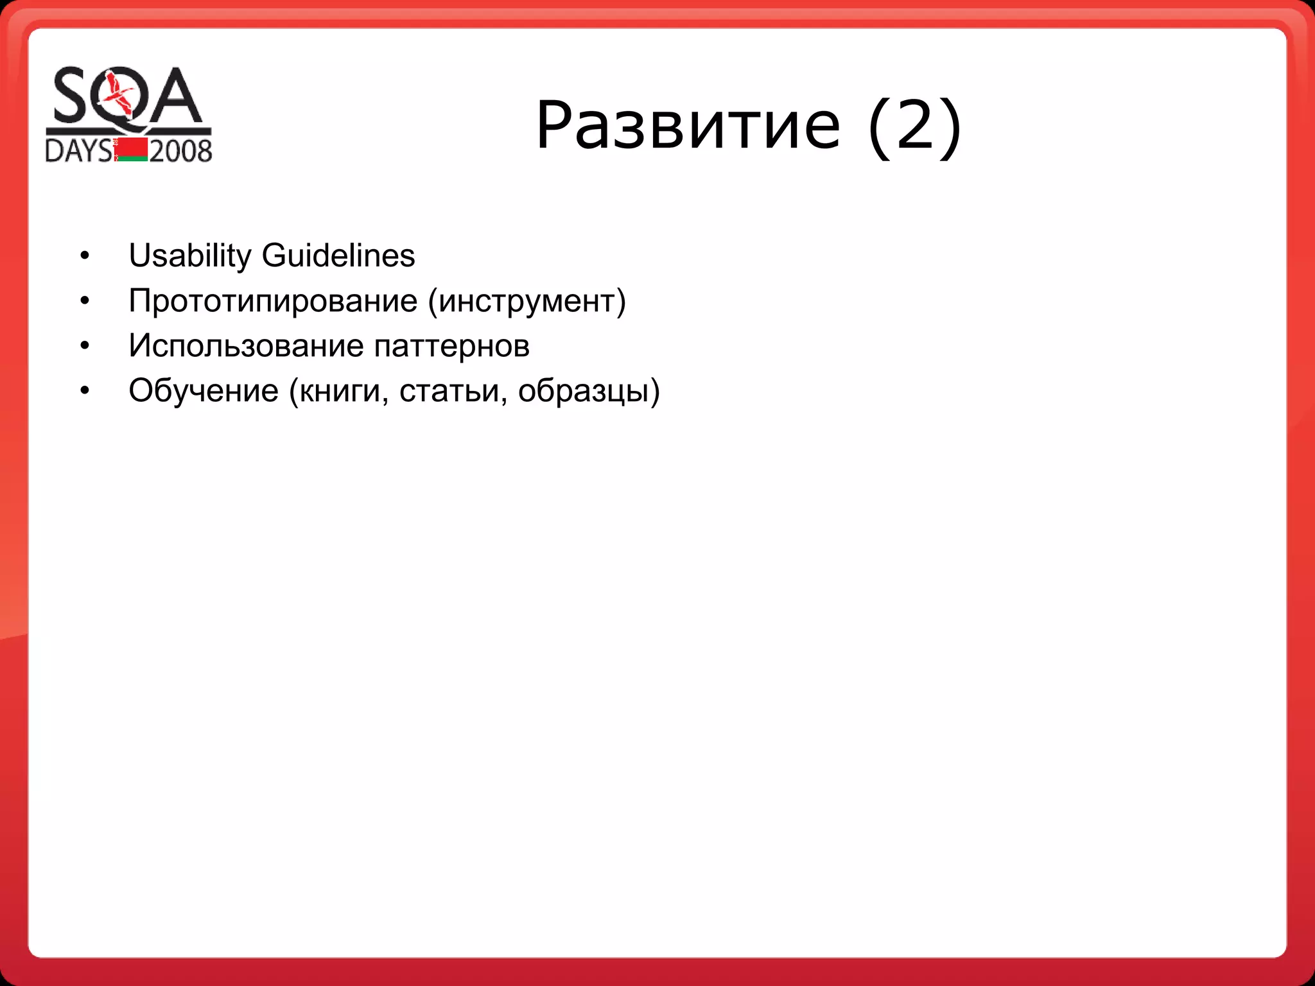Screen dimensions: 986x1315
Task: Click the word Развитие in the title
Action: [x=688, y=125]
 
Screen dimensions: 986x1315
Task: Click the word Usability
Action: [x=190, y=256]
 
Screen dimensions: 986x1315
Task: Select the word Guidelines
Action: [x=338, y=255]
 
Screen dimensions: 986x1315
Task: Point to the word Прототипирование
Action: [x=273, y=301]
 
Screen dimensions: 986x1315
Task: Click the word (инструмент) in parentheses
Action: [x=527, y=301]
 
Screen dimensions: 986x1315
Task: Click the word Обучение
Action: [x=204, y=391]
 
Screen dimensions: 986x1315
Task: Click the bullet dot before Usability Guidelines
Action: [x=85, y=256]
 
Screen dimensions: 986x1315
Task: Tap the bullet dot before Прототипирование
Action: [x=85, y=301]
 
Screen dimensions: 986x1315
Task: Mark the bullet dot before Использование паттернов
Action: [x=85, y=346]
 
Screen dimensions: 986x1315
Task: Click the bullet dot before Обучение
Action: [x=85, y=391]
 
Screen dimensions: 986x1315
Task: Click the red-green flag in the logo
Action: [x=132, y=149]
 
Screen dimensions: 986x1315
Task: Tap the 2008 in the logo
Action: [x=180, y=151]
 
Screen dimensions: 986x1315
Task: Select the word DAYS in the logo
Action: [x=78, y=151]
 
